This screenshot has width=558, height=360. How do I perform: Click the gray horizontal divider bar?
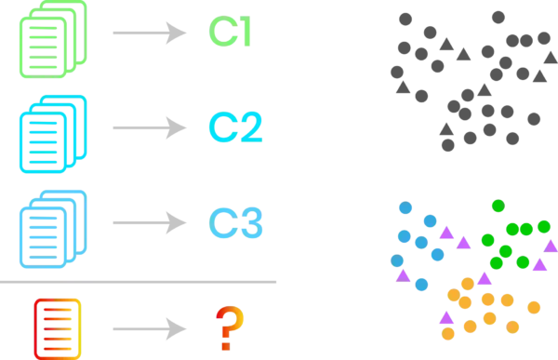coord(140,282)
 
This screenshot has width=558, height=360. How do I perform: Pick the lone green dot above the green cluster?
coord(498,205)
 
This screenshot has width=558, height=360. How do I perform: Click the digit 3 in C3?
coord(253,222)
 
